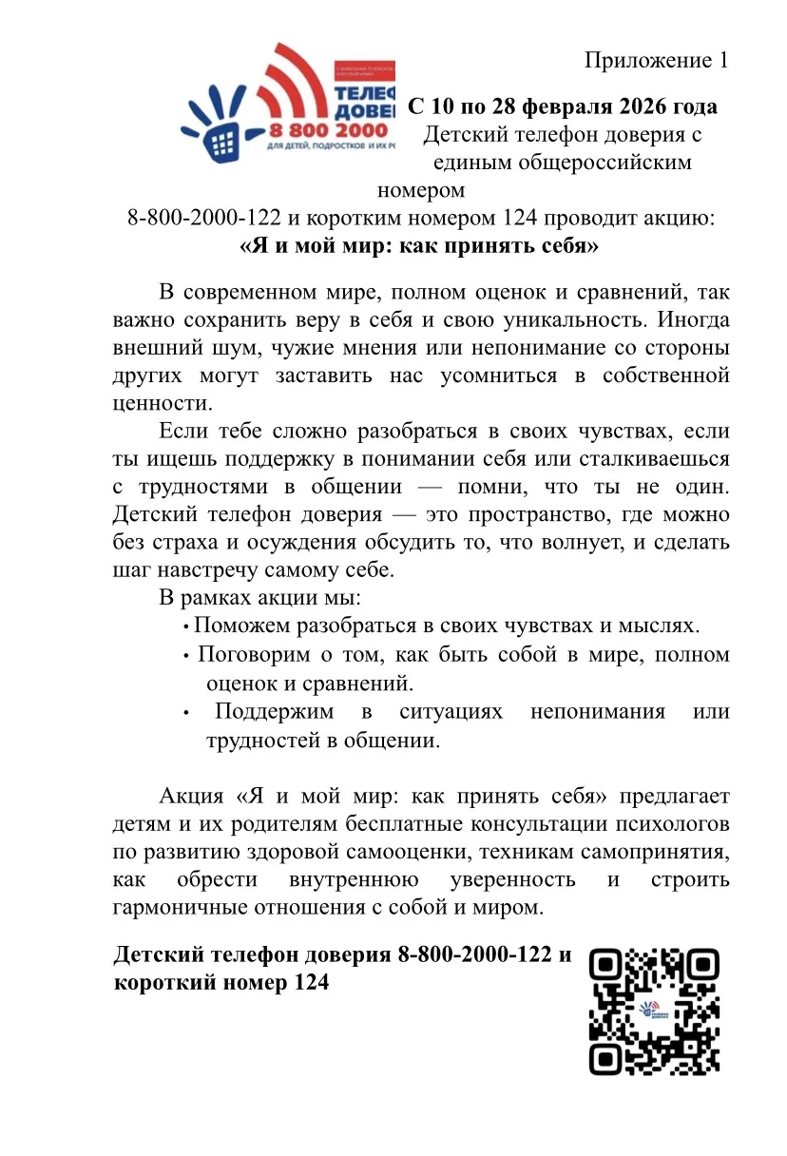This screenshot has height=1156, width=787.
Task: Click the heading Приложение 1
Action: (656, 61)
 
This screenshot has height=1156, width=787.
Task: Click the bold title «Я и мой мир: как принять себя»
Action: (418, 246)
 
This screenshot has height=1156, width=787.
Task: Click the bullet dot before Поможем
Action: (185, 627)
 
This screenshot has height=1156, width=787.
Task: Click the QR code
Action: (654, 1011)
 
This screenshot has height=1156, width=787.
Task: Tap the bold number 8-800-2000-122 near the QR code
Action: (474, 954)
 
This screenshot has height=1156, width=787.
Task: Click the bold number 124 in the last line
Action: (307, 983)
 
